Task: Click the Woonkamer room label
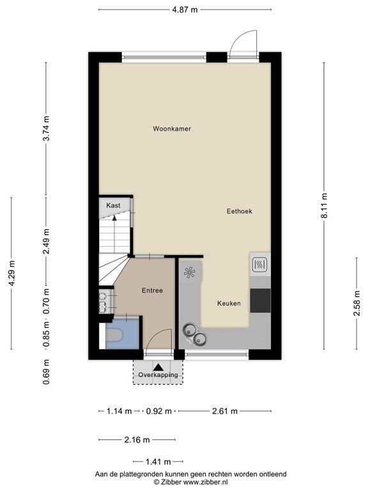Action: point(172,129)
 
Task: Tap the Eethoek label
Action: point(240,212)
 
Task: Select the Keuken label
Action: point(229,304)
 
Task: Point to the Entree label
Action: point(153,291)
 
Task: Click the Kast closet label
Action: point(113,205)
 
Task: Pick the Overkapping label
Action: point(158,375)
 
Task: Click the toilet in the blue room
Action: point(114,336)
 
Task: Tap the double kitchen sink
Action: point(194,334)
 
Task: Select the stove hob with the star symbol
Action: point(190,272)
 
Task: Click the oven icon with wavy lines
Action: point(260,265)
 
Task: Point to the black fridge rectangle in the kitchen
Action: point(261,300)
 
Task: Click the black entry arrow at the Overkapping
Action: point(158,367)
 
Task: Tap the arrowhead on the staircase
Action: point(114,218)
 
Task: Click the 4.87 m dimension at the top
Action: point(185,10)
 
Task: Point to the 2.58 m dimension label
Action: point(357,303)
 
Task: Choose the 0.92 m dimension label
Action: point(159,411)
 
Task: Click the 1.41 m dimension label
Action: point(158,462)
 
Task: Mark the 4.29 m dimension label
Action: point(11,273)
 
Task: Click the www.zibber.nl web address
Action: point(205,482)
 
